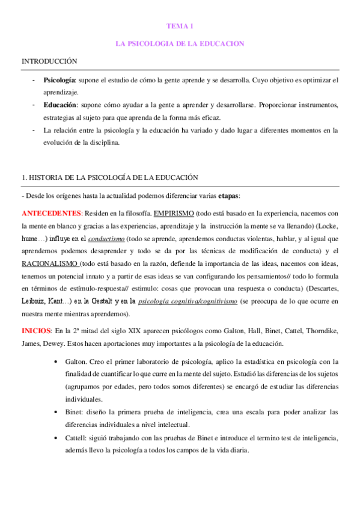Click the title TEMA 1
tap(180, 26)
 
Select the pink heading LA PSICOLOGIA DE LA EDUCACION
tap(180, 44)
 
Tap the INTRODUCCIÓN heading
tap(50, 61)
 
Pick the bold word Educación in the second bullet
tap(59, 105)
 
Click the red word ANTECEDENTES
tap(51, 214)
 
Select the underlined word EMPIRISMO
tap(173, 214)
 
